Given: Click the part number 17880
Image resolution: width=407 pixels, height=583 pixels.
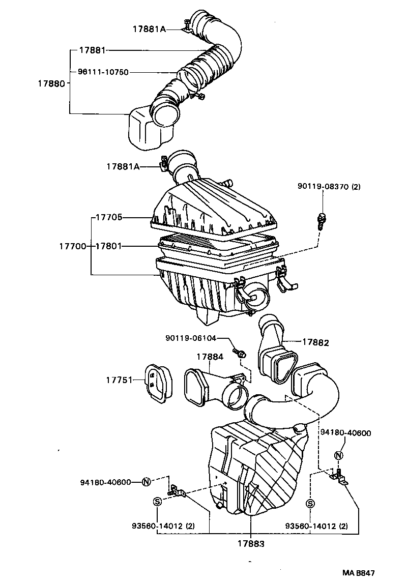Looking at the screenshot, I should pyautogui.click(x=51, y=82).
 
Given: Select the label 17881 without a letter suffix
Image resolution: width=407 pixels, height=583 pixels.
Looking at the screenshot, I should pyautogui.click(x=92, y=50).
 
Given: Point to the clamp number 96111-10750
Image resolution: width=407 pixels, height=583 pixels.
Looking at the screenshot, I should pyautogui.click(x=103, y=72).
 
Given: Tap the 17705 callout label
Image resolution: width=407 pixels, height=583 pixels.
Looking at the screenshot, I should pyautogui.click(x=108, y=217).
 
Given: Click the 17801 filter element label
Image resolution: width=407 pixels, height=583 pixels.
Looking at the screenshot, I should pyautogui.click(x=108, y=246).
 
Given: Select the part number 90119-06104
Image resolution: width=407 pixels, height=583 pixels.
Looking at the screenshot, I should pyautogui.click(x=191, y=338).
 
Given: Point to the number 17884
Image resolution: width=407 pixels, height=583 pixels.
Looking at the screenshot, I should pyautogui.click(x=210, y=357).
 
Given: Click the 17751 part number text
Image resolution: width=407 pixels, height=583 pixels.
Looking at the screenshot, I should pyautogui.click(x=119, y=380).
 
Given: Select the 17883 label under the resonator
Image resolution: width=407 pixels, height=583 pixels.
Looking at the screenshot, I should pyautogui.click(x=251, y=543).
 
